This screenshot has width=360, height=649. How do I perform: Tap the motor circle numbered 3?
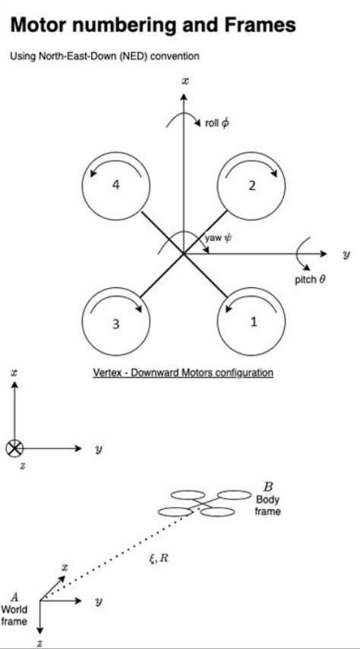coord(115,324)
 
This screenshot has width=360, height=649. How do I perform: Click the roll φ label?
coord(216,123)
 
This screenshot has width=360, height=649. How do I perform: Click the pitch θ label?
coord(310,280)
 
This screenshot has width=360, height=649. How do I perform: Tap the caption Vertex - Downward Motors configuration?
coord(182,372)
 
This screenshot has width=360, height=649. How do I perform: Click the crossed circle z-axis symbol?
coord(14,448)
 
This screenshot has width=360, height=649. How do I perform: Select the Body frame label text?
coord(268,505)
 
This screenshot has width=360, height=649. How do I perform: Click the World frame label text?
coord(14,615)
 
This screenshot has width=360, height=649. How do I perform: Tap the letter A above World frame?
coord(14,597)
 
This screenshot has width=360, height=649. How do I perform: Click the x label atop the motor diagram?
coord(185,79)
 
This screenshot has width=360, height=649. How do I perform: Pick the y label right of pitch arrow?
coord(346,253)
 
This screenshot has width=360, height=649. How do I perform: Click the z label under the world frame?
coord(40,643)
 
